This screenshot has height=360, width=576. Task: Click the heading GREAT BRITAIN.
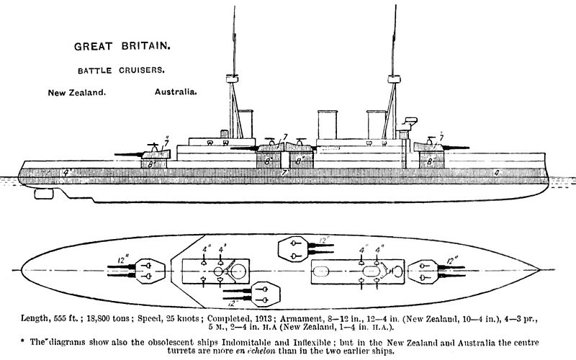click(122, 47)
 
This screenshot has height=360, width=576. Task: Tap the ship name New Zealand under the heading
click(77, 94)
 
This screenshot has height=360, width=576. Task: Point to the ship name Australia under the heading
click(176, 93)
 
